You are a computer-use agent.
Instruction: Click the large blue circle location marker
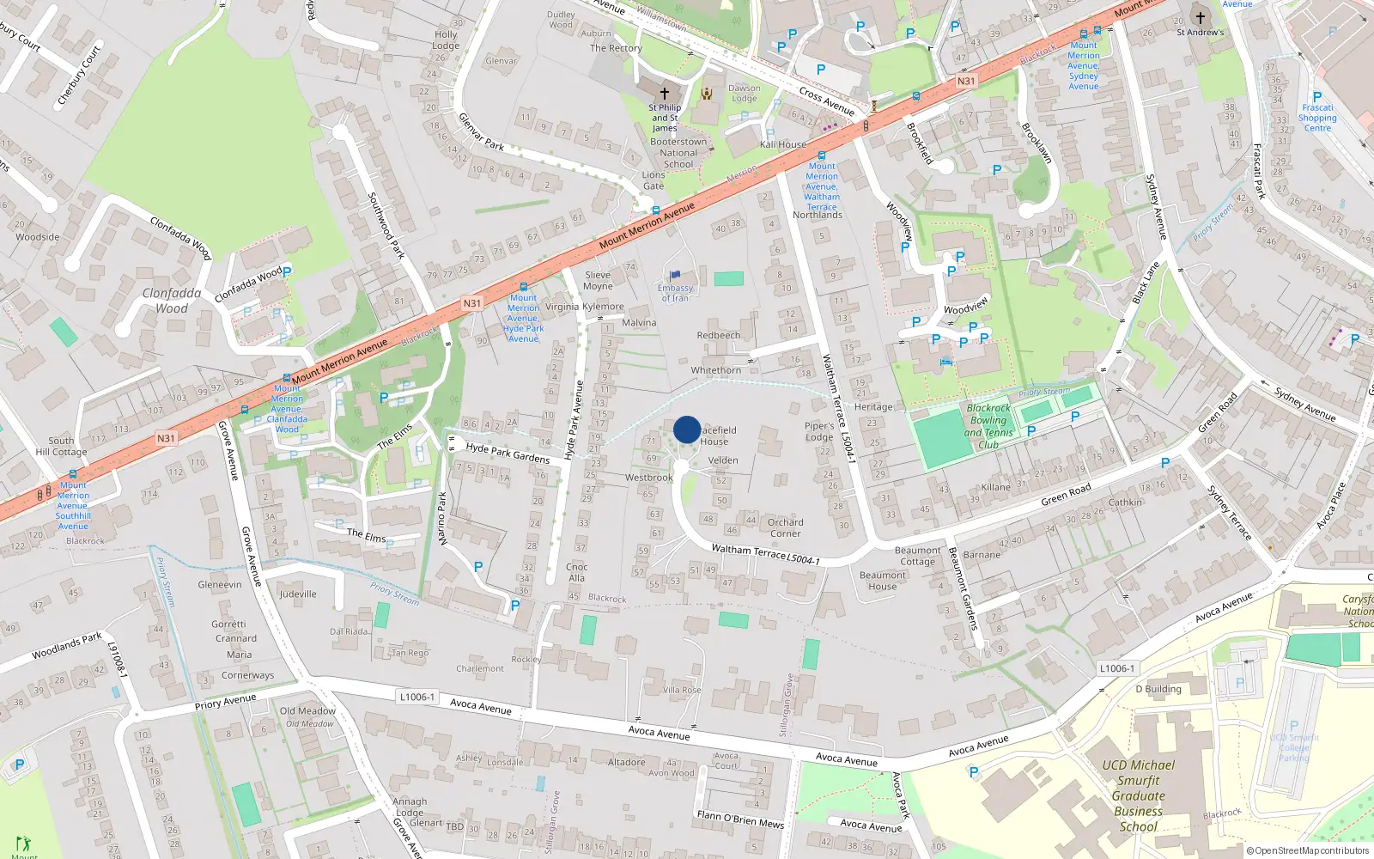coord(687,429)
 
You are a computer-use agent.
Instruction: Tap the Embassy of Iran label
coord(675,293)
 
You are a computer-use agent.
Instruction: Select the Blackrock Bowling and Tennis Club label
coord(988,427)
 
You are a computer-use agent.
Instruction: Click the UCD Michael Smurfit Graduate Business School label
coord(1139,795)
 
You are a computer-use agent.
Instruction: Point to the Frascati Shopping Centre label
coord(1317,118)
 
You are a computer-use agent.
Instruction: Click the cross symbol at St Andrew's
coord(1201,17)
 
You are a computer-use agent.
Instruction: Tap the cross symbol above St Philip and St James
coord(664,93)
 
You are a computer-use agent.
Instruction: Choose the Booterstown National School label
coord(678,153)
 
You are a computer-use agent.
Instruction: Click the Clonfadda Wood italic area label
coord(172,301)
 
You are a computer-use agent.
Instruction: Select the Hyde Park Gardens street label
coord(508,452)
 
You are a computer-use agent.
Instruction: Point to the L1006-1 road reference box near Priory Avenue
coord(417,697)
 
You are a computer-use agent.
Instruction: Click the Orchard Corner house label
coord(786,527)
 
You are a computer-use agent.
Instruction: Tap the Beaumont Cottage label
coord(917,556)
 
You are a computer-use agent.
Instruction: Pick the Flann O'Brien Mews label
coord(740,819)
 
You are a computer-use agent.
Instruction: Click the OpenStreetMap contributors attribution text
coord(1307,850)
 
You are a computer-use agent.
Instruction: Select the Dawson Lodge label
coord(744,93)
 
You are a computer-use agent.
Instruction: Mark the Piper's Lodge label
coord(819,431)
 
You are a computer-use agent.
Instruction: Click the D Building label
coord(1158,689)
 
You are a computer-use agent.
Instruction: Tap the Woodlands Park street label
coord(67,646)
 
